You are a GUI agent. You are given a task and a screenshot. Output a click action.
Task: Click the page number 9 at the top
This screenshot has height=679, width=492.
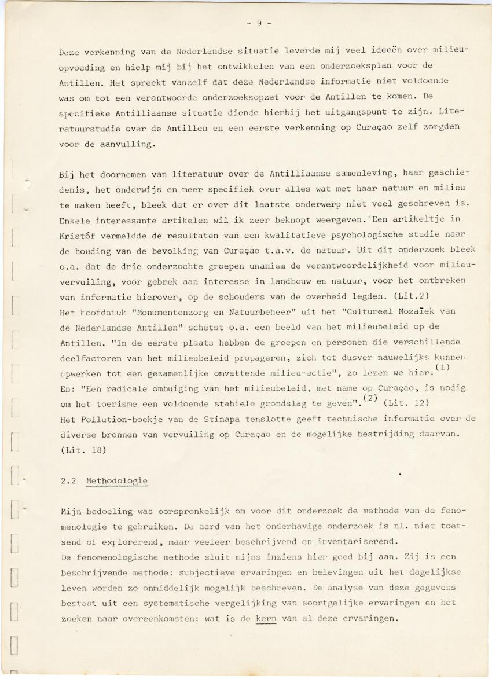point(260,24)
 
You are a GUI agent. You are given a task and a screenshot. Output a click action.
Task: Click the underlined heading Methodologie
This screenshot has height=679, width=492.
point(116,481)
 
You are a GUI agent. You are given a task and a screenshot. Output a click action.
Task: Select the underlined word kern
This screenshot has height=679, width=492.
point(266,618)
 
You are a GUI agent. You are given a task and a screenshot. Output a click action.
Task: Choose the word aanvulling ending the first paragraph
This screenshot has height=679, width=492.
point(127,145)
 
